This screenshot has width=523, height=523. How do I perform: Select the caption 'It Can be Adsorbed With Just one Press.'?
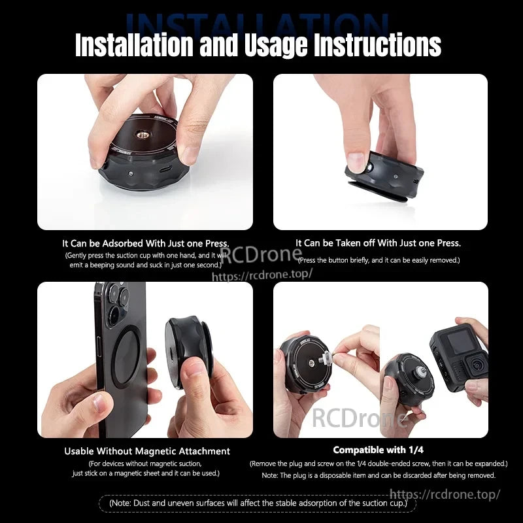(145, 243)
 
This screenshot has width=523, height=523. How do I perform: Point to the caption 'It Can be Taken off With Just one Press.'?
(378, 243)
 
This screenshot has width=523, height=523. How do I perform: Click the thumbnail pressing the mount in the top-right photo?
(358, 161)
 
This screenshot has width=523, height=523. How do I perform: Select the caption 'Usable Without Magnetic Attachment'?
(147, 451)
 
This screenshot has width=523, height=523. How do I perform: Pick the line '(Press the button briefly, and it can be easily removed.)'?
(379, 260)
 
